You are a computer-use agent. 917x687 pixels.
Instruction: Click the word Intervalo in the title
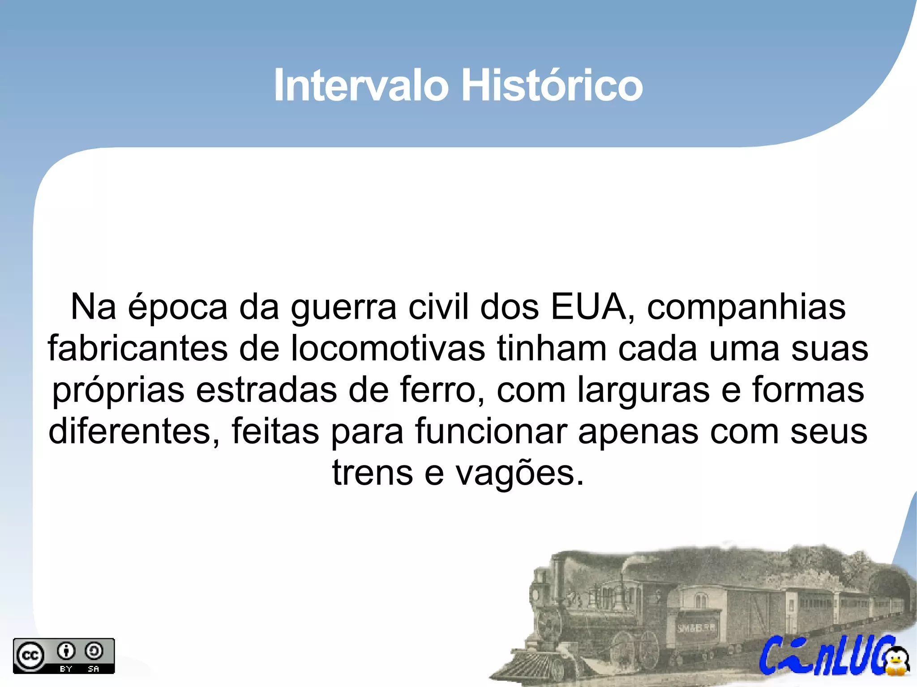pos(361,85)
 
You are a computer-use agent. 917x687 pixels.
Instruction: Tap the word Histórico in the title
pos(552,85)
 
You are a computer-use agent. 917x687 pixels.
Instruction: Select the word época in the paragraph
pos(178,308)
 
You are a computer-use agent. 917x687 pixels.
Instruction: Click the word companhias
pos(746,308)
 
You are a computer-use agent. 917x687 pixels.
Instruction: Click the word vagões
pos(520,473)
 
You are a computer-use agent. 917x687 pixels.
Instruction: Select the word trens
pos(372,473)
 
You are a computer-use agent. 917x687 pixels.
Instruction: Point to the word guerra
pos(343,308)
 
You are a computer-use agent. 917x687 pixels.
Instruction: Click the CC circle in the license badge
pos(30,656)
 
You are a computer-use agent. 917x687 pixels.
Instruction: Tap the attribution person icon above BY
pos(66,651)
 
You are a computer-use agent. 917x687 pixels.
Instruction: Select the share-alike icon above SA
pos(94,651)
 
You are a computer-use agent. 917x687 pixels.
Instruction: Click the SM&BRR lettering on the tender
pos(696,628)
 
